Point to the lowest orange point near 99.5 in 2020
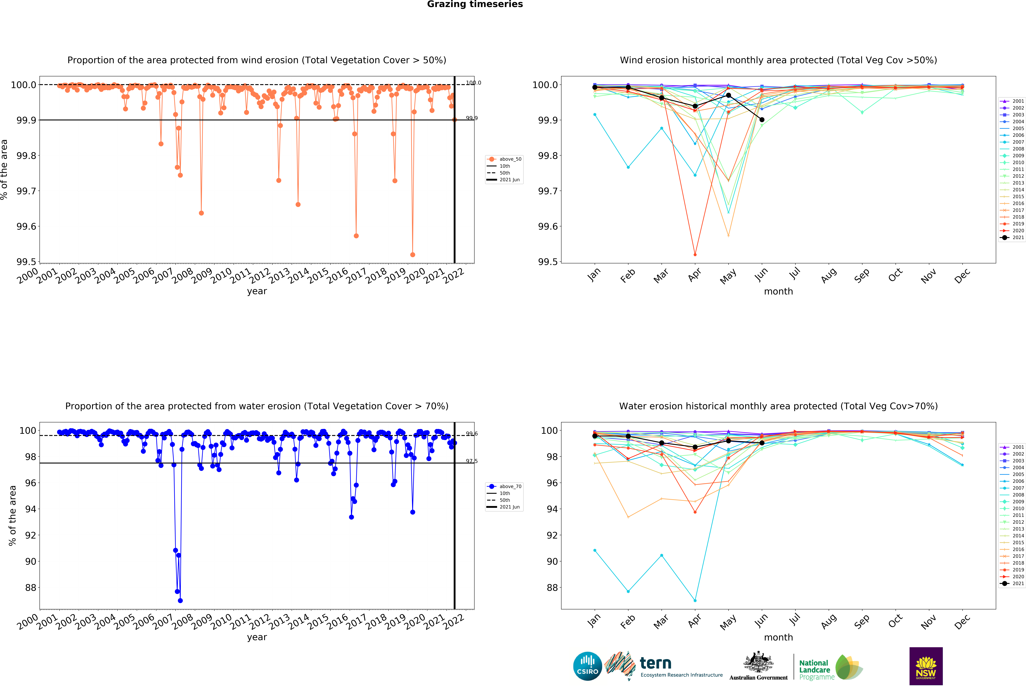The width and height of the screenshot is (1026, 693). pos(412,255)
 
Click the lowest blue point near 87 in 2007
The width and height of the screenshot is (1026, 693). pos(180,600)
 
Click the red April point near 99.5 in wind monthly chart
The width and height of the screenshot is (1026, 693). pos(695,255)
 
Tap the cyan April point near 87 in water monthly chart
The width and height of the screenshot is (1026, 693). pos(695,600)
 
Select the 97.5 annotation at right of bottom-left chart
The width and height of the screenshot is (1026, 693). pos(471,461)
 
